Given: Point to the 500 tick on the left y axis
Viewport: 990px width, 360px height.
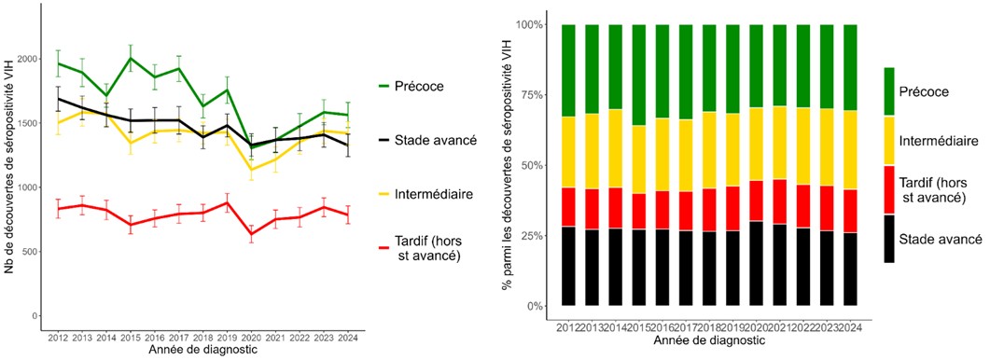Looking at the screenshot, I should pos(32,252).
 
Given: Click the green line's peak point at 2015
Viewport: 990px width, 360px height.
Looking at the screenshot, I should pos(131,58).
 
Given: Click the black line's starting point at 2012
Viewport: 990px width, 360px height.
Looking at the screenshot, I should pos(58,99).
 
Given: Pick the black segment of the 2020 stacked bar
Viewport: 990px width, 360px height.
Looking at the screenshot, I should pos(754,263).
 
